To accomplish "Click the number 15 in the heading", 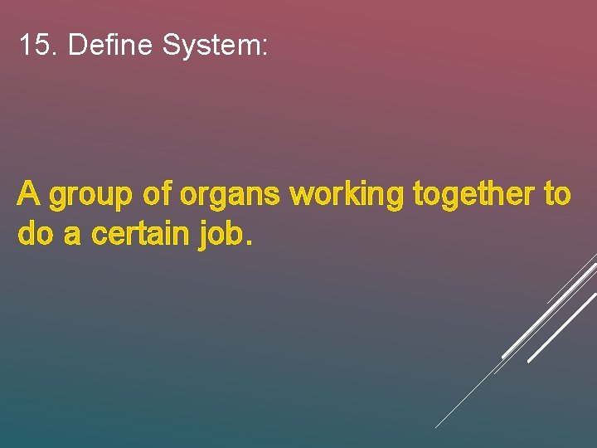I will pyautogui.click(x=35, y=45).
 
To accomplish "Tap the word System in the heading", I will pyautogui.click(x=211, y=46).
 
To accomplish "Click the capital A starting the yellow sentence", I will pyautogui.click(x=29, y=194).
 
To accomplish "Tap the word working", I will pyautogui.click(x=347, y=197).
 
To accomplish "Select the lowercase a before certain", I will pyautogui.click(x=72, y=236).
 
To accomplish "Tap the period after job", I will pyautogui.click(x=246, y=244).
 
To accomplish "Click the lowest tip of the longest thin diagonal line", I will pyautogui.click(x=436, y=427).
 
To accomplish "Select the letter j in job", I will pyautogui.click(x=204, y=236).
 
